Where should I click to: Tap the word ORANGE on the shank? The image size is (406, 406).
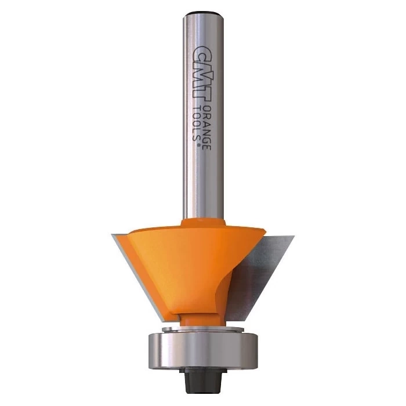click(206, 128)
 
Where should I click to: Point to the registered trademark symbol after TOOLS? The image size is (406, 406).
click(199, 145)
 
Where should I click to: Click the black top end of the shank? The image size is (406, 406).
click(203, 12)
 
